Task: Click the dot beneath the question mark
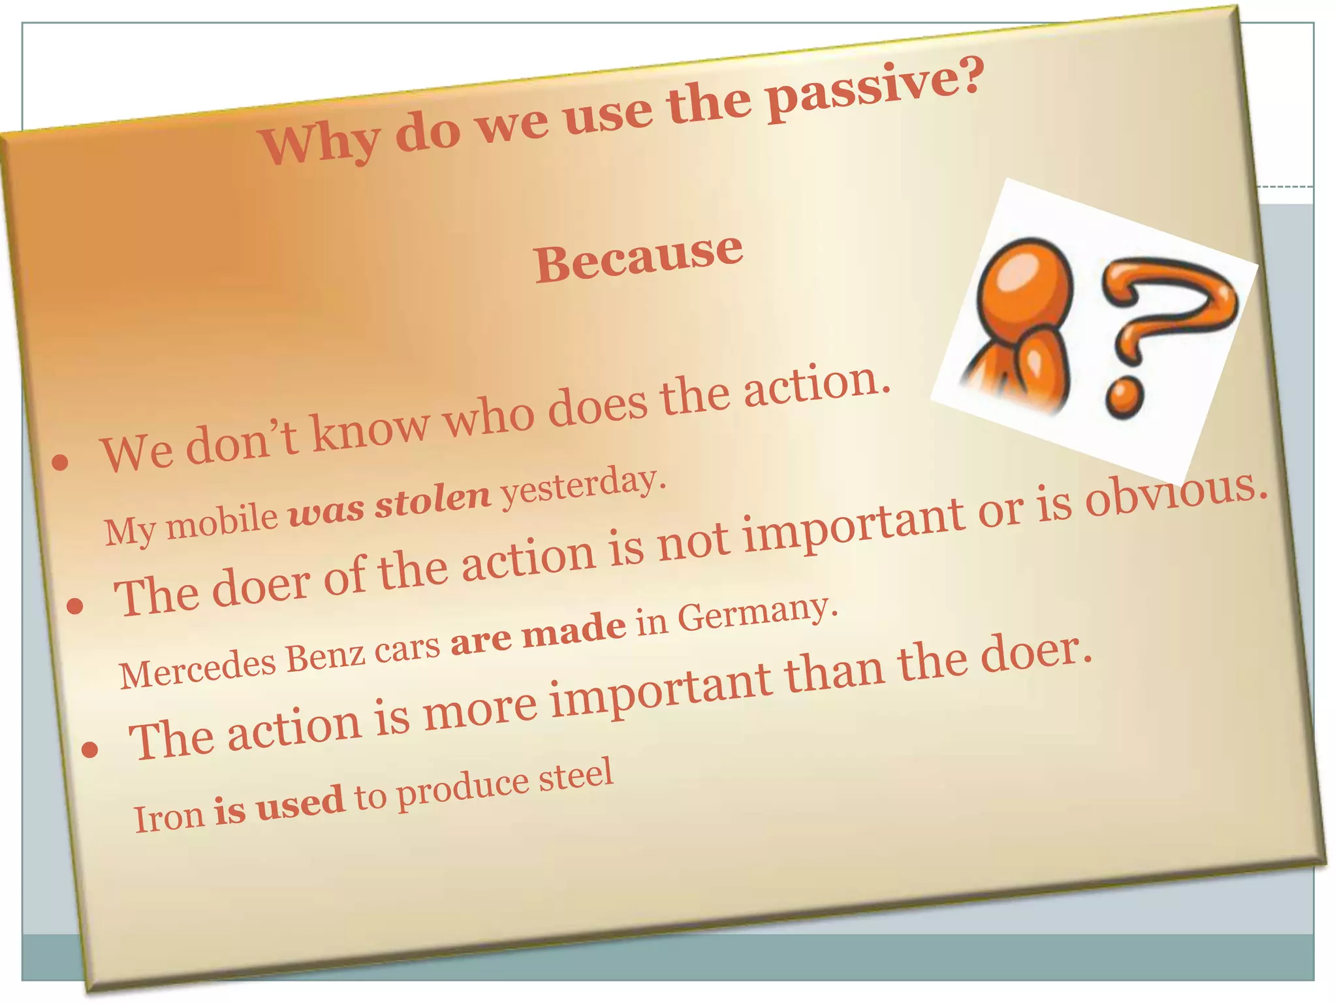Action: pos(1124,400)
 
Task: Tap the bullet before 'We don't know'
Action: pos(60,462)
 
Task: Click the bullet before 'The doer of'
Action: pos(75,606)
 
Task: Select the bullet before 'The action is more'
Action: pos(90,750)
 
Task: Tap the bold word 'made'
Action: pos(574,630)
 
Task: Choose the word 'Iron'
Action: pos(168,816)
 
